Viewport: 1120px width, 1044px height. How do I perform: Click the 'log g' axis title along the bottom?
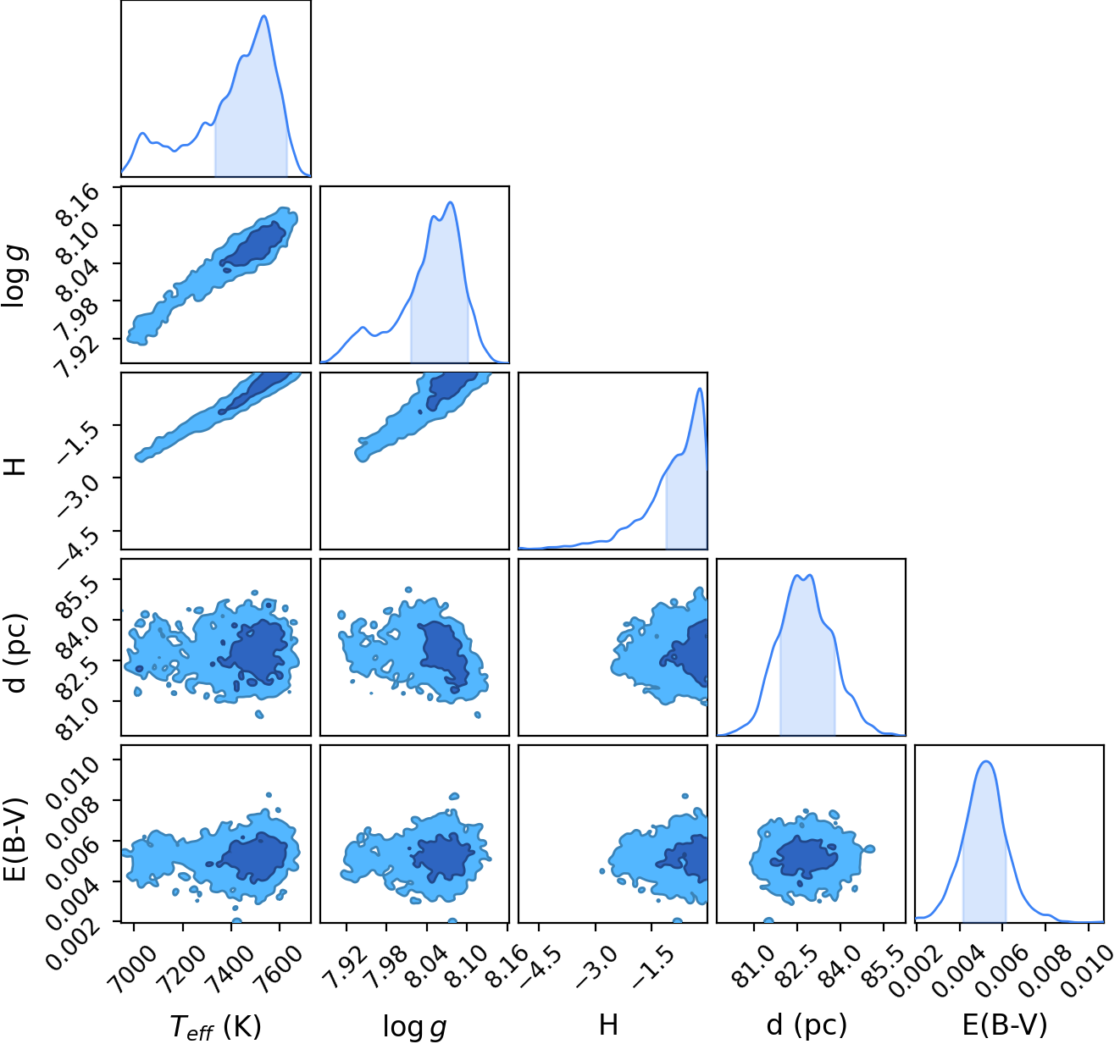click(x=414, y=1026)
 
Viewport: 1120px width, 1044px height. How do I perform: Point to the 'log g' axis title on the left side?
click(x=14, y=275)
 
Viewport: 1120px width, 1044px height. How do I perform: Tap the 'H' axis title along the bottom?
click(x=608, y=1025)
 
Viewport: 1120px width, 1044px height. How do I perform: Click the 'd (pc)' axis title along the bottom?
click(x=807, y=1025)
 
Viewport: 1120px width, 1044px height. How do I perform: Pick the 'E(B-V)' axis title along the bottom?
click(x=1005, y=1025)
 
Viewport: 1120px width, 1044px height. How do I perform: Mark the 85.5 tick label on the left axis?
click(x=81, y=598)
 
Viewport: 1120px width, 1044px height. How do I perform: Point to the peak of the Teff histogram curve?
click(x=264, y=16)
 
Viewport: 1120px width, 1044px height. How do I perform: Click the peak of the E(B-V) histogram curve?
click(x=986, y=761)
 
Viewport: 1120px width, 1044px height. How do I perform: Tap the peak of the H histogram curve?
click(x=699, y=389)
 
